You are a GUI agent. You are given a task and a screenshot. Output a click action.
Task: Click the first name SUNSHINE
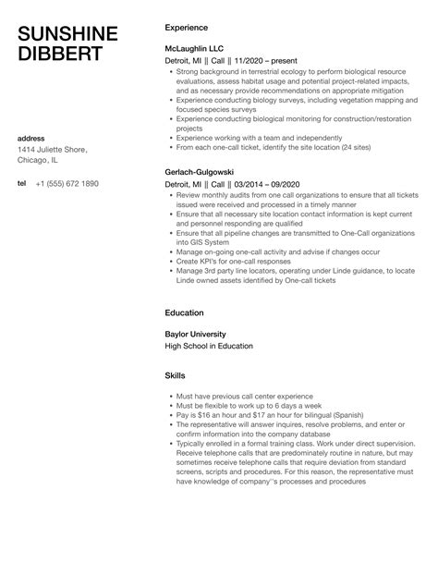pos(67,33)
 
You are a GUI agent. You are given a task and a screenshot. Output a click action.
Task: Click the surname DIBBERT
pos(57,55)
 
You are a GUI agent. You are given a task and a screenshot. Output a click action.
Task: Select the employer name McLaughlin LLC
pos(195,46)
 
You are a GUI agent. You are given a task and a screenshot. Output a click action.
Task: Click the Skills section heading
pos(175,376)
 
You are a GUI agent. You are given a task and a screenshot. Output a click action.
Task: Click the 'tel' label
pos(22,184)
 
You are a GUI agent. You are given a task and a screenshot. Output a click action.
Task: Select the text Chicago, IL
pos(43,162)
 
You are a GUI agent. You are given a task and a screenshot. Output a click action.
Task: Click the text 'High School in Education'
pos(209,346)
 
